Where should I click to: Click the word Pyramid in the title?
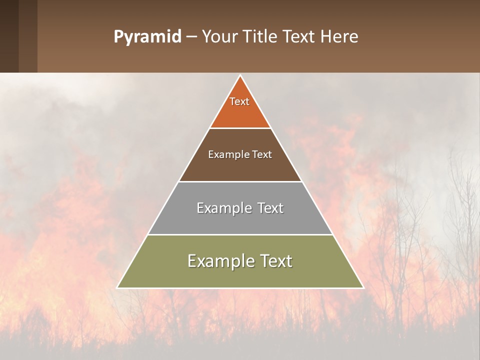coord(147,37)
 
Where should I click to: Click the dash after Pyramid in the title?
coord(191,37)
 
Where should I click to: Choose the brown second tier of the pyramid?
coord(240,167)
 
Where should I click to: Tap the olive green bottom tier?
coord(240,275)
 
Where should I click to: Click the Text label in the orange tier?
coord(239,101)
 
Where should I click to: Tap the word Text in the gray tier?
coord(271,208)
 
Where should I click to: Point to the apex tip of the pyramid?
coord(240,76)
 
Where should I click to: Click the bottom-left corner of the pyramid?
coord(117,287)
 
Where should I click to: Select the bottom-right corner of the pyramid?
coord(363,287)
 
